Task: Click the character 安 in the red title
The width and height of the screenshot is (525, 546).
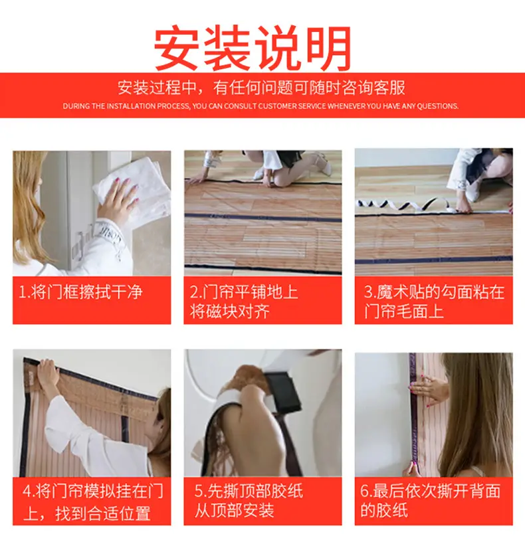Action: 177,47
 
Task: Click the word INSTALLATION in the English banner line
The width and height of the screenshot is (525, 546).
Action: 131,106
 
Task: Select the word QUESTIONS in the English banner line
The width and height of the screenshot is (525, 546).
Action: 437,106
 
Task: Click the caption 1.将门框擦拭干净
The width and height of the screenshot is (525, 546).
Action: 81,292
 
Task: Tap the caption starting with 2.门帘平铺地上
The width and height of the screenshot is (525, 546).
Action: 244,302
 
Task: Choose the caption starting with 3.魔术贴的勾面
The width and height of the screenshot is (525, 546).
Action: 434,302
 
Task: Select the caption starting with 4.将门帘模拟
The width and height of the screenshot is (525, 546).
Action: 92,501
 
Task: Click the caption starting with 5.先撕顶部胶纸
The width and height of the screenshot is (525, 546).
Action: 249,501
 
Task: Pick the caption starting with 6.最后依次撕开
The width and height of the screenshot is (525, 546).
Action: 431,501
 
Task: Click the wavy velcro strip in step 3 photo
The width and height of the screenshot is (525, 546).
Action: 404,205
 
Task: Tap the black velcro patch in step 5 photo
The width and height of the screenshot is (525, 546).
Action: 283,392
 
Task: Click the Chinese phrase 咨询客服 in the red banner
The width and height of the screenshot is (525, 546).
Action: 373,88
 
